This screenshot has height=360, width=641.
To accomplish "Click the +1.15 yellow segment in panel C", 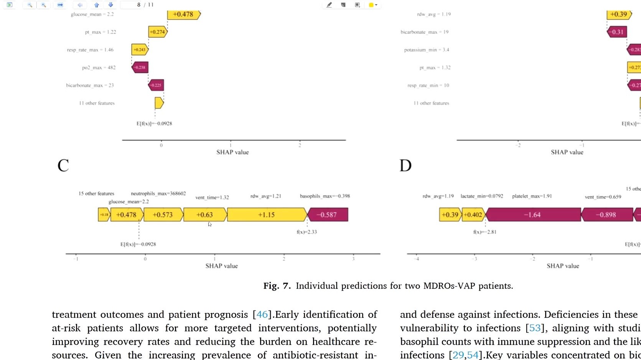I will point(267,215).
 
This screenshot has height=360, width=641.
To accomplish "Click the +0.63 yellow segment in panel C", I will point(204,215).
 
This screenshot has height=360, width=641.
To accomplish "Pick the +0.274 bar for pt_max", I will point(157,32).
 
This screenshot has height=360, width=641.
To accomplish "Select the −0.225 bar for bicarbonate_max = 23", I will point(156,85).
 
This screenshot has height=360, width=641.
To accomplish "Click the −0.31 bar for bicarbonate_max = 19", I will point(617,32).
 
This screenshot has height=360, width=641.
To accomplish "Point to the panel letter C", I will point(63,166).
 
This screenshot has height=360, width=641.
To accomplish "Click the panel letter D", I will point(405,166).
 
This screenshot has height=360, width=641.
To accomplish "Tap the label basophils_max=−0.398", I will point(325,196).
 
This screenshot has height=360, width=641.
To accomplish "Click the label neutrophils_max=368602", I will point(158,194).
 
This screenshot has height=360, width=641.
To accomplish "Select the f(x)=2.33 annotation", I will point(306,232).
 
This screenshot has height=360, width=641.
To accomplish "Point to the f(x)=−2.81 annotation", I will point(484,232).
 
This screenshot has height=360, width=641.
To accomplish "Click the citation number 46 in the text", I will point(262,314).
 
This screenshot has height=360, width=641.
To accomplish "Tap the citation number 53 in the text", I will point(535,328).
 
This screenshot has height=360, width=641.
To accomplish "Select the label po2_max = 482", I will point(99,67).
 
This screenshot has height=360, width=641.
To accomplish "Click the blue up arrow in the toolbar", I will point(97,5).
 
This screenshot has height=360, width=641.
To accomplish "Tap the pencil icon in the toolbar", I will point(329,5).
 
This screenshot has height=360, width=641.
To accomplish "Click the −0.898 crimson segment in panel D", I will point(606,215).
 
